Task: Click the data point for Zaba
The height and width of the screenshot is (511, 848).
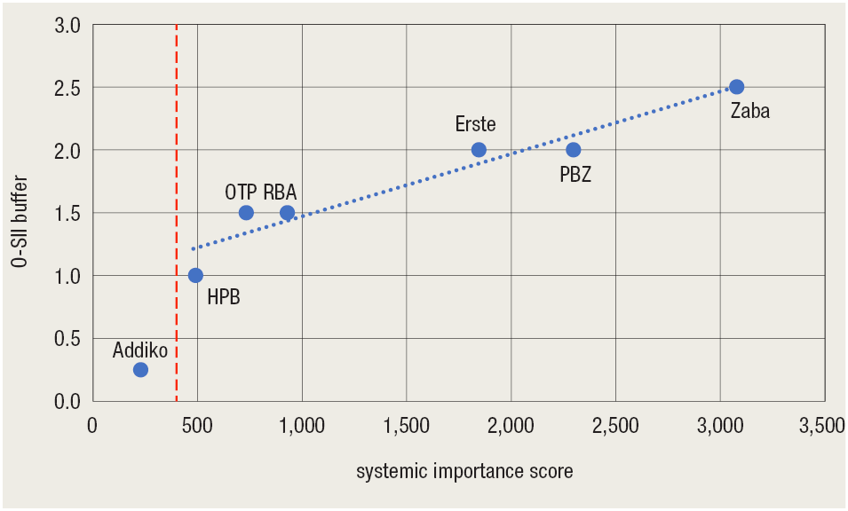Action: pyautogui.click(x=736, y=87)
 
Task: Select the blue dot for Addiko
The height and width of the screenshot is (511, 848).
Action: pyautogui.click(x=140, y=369)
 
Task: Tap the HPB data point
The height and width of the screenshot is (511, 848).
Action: pyautogui.click(x=195, y=275)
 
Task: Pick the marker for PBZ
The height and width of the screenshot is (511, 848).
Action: pyautogui.click(x=573, y=149)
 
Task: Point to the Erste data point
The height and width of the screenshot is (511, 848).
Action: pyautogui.click(x=479, y=149)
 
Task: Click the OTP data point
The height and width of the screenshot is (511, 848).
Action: pyautogui.click(x=246, y=213)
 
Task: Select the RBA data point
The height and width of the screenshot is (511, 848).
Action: pyautogui.click(x=287, y=213)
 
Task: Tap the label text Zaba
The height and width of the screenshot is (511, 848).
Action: pyautogui.click(x=749, y=112)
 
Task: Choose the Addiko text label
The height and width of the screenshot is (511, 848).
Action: pyautogui.click(x=139, y=350)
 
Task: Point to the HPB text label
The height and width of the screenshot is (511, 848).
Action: pyautogui.click(x=223, y=298)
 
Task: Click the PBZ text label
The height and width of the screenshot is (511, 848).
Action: pyautogui.click(x=575, y=175)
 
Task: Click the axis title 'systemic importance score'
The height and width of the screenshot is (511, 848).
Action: pyautogui.click(x=464, y=472)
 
